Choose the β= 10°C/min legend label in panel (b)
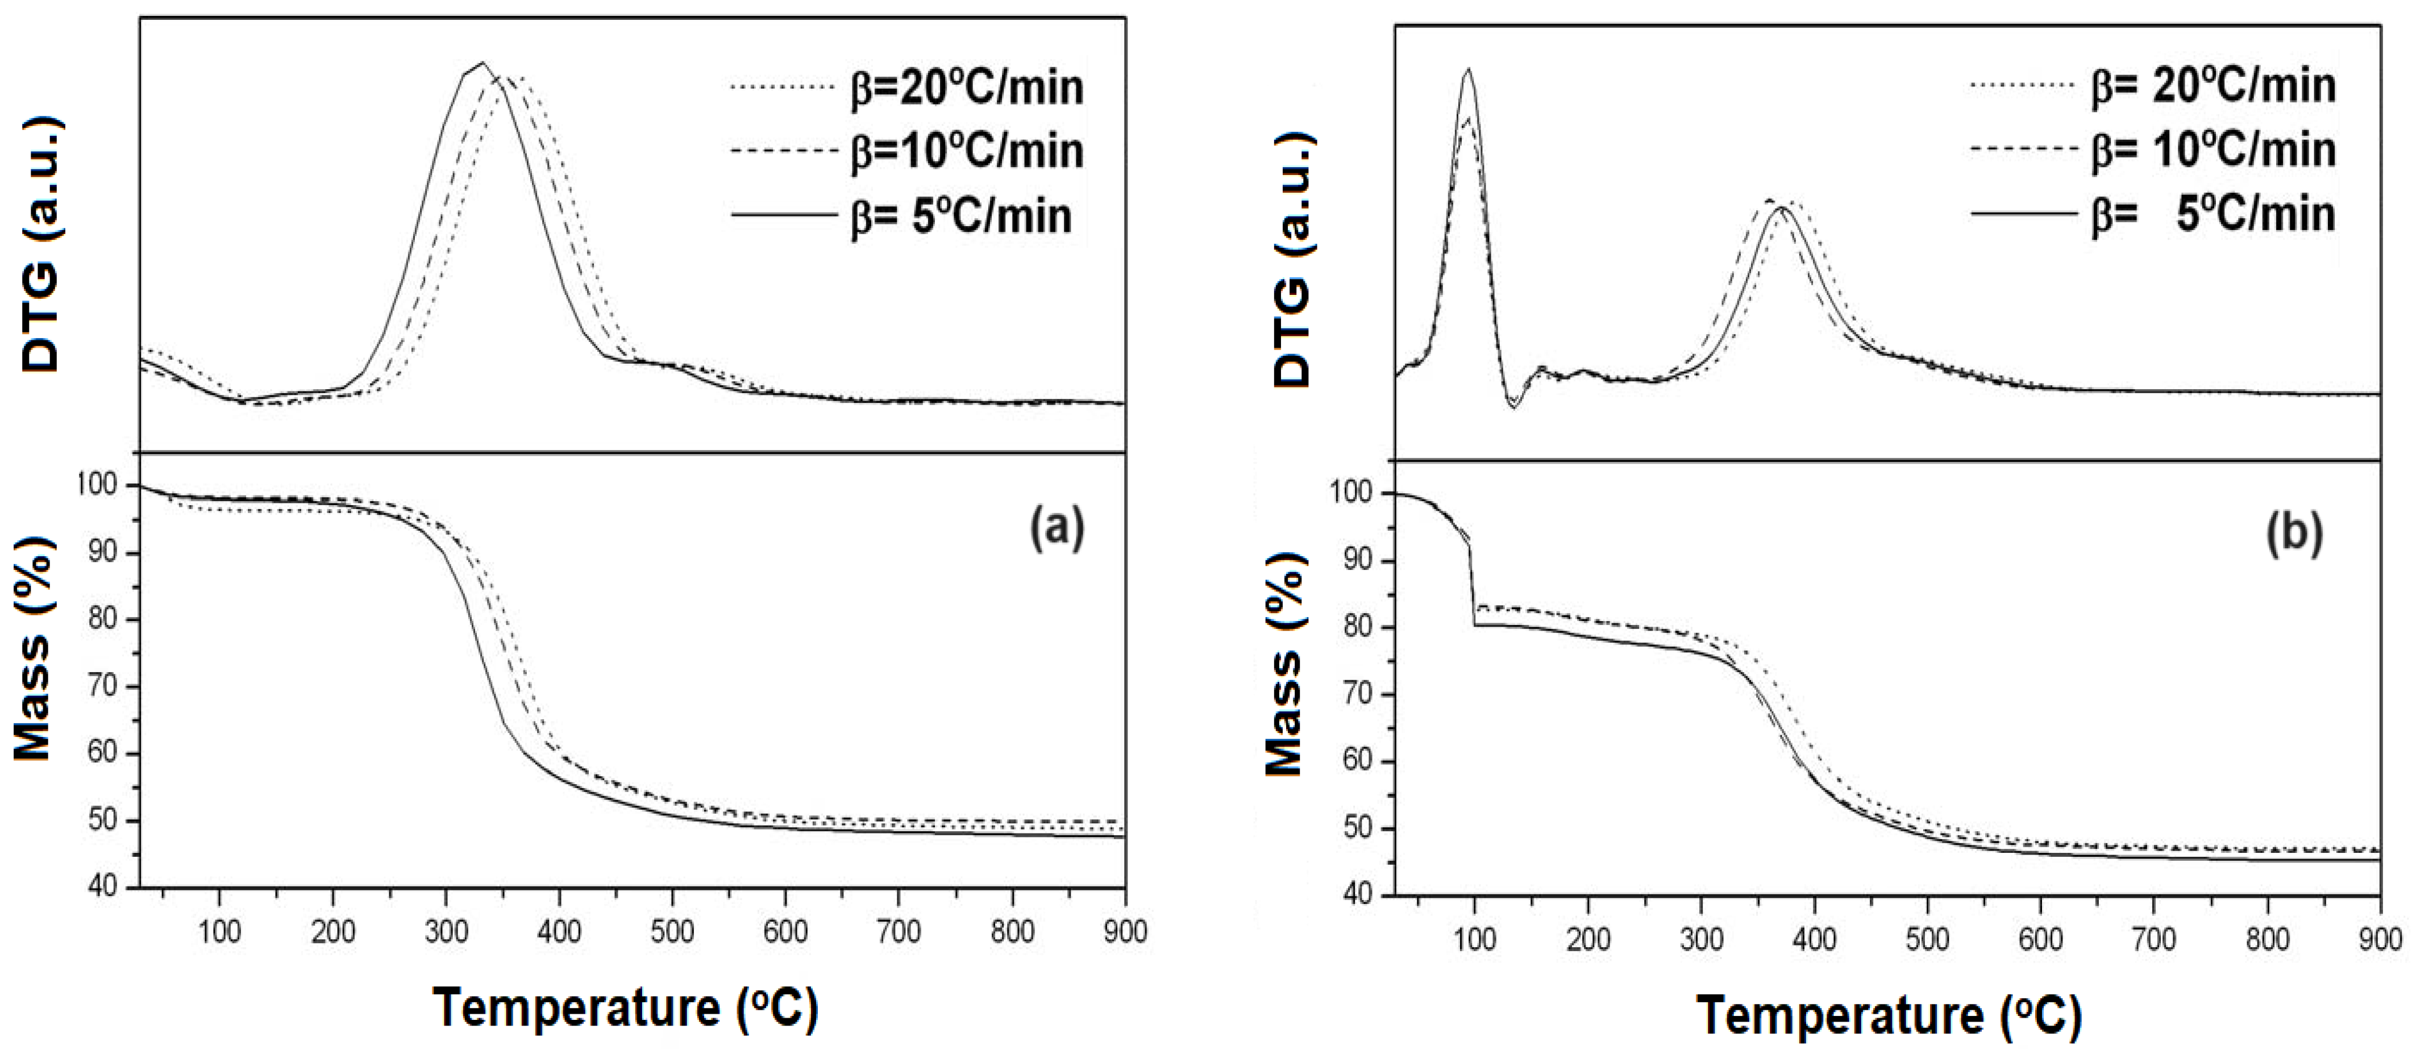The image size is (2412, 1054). (2214, 150)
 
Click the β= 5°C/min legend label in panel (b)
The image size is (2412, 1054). (2214, 214)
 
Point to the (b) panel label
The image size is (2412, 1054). (2294, 534)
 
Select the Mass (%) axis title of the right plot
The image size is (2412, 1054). (1284, 674)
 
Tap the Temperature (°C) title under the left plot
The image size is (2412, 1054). (626, 1008)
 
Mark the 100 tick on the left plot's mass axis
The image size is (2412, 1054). (103, 485)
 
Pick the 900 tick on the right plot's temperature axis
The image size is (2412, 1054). (2378, 939)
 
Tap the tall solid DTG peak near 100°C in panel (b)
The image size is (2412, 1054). (1468, 69)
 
